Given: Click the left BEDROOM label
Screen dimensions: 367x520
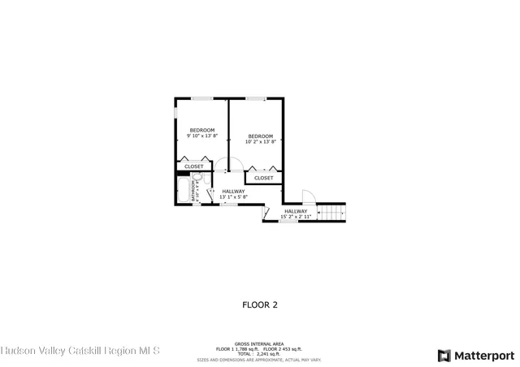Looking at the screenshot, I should tap(201, 131).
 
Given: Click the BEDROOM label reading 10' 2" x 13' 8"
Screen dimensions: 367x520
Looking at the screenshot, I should tap(260, 136).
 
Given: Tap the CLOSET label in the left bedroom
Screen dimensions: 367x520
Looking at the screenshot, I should tap(194, 166).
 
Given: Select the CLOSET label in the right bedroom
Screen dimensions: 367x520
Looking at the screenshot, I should tap(264, 178).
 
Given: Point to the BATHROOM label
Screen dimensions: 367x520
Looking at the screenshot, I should tap(193, 191).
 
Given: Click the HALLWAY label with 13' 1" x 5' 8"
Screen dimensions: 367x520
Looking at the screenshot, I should tap(233, 192).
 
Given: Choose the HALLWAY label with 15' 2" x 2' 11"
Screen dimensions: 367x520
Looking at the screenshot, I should tap(296, 211).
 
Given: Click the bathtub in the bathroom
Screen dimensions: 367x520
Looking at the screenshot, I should tap(182, 190).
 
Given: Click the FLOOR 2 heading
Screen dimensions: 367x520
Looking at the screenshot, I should tap(260, 305).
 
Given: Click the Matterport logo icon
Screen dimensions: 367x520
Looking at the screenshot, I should tap(444, 355).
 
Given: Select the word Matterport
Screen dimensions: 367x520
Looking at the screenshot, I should tap(484, 355).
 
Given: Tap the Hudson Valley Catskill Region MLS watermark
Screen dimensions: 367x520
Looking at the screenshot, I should tap(80, 351).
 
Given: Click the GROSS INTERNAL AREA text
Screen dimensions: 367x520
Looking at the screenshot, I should tap(259, 343).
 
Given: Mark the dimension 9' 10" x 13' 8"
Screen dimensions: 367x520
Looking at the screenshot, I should tap(201, 136).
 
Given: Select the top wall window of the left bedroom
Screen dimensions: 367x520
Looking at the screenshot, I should tap(202, 98).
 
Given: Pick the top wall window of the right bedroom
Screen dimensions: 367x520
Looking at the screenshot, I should tap(256, 98).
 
